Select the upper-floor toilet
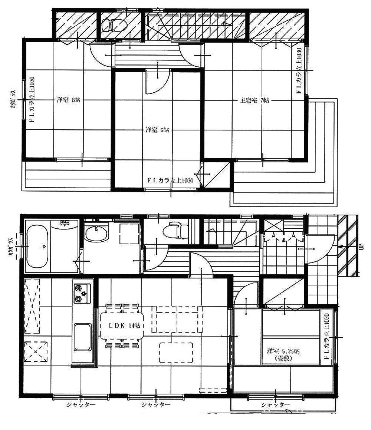(x=114, y=25)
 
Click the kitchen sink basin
(x=82, y=337)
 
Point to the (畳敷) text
(x=283, y=358)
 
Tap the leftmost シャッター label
(x=81, y=404)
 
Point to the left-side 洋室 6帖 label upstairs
(x=69, y=100)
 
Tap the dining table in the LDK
(x=122, y=326)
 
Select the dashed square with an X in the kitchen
(x=36, y=351)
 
